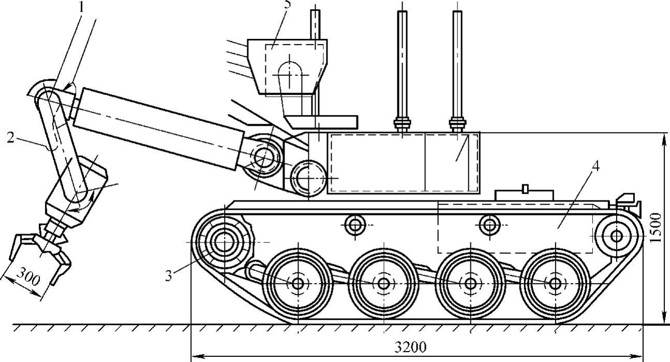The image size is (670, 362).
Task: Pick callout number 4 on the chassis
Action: coord(596,167)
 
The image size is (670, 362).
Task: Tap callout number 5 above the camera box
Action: coord(288,4)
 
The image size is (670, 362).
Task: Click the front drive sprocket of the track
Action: coord(225,240)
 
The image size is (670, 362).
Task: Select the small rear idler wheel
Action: coord(616,236)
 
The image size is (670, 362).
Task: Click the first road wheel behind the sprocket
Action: coord(297,283)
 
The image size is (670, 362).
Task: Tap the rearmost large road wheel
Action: coord(555,283)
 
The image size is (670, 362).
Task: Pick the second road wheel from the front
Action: coord(383,283)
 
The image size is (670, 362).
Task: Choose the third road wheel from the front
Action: coord(470,283)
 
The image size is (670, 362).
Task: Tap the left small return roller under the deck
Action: coord(354,225)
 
